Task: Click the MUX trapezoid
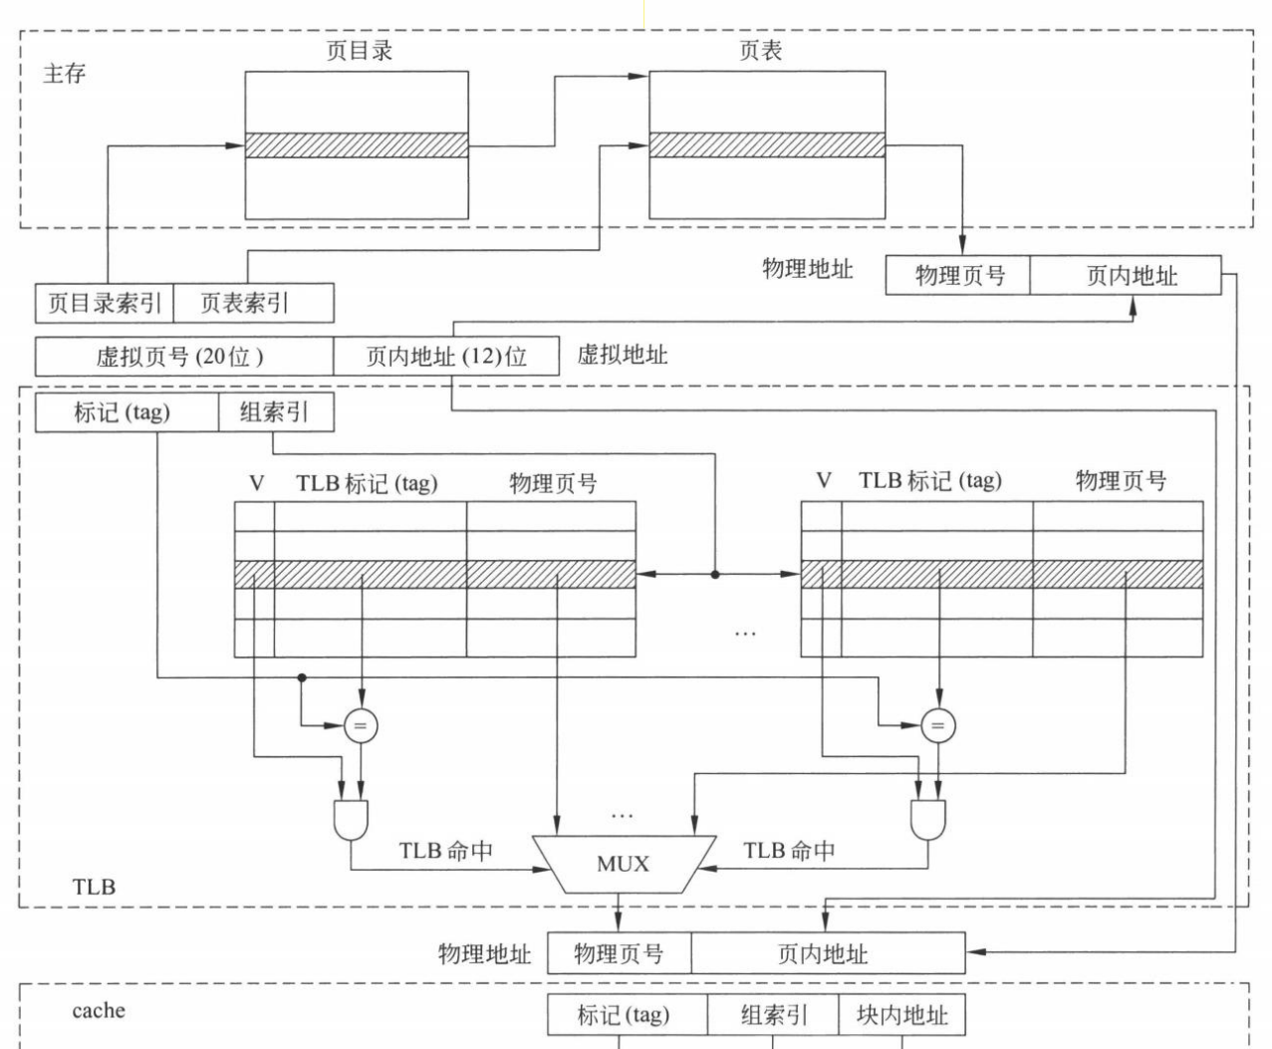pos(624,864)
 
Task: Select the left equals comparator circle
pos(361,726)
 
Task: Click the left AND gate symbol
pos(351,819)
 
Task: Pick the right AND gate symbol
pos(927,819)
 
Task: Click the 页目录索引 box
pos(105,303)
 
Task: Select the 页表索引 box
pos(253,303)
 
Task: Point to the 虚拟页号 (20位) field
pos(183,357)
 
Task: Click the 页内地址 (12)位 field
pos(446,357)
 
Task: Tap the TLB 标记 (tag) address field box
pos(127,413)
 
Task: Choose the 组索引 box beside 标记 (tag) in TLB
pos(276,413)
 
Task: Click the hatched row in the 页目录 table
pos(357,145)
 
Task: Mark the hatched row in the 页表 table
pos(767,145)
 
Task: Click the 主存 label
pos(65,74)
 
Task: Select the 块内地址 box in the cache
pos(901,1015)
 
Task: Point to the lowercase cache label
pos(99,1010)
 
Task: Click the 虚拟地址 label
pos(623,355)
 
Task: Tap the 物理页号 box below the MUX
pos(619,953)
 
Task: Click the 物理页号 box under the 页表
pos(958,276)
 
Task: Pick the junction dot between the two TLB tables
pos(714,574)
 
